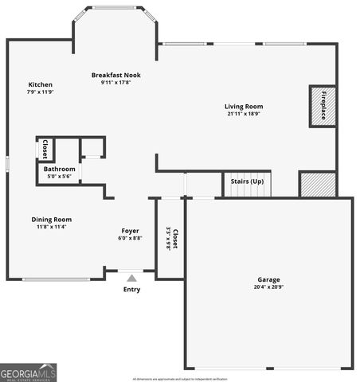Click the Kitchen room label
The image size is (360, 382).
[41, 84]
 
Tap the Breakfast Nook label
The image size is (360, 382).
[115, 75]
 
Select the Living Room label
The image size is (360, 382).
[243, 106]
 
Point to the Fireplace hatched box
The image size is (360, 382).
[323, 106]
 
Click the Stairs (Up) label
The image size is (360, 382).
[247, 181]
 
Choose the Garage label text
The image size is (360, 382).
[268, 279]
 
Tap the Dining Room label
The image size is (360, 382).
[52, 219]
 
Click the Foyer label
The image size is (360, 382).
[130, 231]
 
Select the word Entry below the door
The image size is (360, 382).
[131, 289]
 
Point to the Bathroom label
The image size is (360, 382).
[60, 169]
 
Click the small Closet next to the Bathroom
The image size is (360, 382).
[45, 149]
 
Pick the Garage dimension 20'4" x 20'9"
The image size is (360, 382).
[268, 287]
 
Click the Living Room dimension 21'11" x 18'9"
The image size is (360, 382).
[243, 114]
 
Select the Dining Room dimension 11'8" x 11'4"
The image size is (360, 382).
[52, 227]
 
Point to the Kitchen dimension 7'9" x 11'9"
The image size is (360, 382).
[41, 92]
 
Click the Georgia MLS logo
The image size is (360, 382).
[29, 372]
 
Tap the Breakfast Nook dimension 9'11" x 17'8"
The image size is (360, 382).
[115, 83]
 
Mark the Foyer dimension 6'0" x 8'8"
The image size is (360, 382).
[130, 238]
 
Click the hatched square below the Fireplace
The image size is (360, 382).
[312, 184]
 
